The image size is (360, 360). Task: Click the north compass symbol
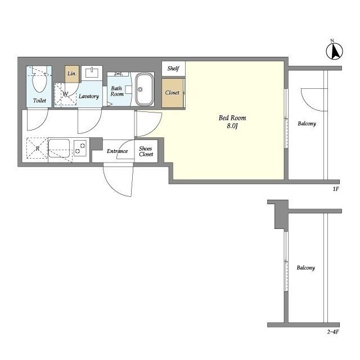click(x=335, y=51)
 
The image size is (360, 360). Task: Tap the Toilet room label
click(x=39, y=100)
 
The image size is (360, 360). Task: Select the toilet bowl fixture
click(x=39, y=80)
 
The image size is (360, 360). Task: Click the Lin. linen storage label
click(x=72, y=74)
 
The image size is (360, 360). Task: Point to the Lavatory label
click(x=89, y=96)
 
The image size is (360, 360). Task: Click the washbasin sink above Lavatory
click(x=92, y=73)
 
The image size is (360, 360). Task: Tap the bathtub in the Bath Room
click(x=144, y=89)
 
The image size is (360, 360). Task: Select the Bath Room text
click(x=117, y=91)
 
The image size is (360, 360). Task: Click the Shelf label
click(x=173, y=68)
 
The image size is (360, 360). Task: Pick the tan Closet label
click(x=172, y=93)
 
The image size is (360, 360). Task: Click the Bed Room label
click(x=232, y=118)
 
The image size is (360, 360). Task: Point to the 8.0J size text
click(x=232, y=126)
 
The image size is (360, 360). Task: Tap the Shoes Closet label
click(x=146, y=151)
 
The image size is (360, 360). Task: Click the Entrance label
click(x=117, y=151)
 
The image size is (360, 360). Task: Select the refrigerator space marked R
click(x=37, y=148)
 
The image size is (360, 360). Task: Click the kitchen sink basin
click(x=58, y=148)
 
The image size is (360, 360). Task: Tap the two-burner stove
click(x=80, y=148)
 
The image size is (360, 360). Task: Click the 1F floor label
click(x=336, y=189)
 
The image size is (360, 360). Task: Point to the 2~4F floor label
click(x=333, y=332)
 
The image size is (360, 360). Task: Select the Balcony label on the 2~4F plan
click(x=305, y=268)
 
